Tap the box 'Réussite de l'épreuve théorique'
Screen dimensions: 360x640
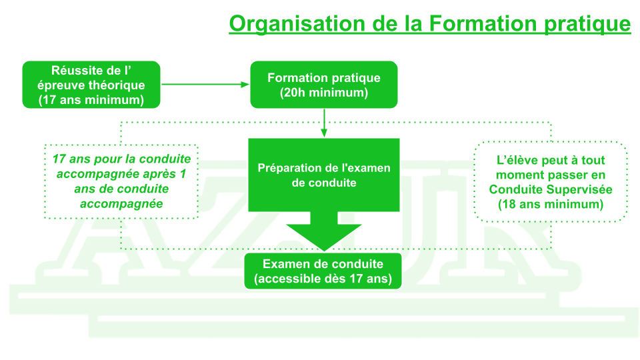(91, 84)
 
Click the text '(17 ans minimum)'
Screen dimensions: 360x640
(91, 100)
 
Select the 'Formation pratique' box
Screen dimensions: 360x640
(323, 84)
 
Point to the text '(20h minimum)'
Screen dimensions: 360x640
(324, 93)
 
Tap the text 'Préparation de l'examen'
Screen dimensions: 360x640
(324, 167)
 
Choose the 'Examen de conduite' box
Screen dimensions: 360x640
(323, 271)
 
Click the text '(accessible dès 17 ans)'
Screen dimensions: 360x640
(323, 278)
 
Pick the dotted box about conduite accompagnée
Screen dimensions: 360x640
(121, 181)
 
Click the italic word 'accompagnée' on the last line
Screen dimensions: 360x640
(121, 203)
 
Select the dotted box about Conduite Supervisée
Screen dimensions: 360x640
(550, 181)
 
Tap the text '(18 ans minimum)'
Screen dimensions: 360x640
(551, 204)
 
